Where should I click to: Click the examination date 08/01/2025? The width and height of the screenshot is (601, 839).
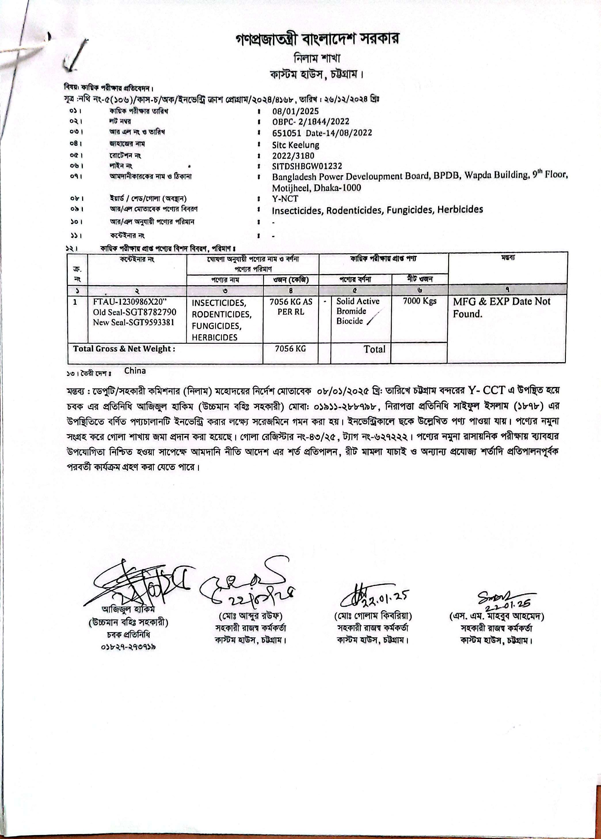click(x=295, y=111)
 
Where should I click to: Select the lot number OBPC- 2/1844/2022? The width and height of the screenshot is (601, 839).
click(x=311, y=122)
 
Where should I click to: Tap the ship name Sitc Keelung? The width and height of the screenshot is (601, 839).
click(x=296, y=145)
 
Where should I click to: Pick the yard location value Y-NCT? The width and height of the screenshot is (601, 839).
click(x=285, y=199)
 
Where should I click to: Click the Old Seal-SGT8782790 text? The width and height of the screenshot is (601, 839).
click(x=134, y=312)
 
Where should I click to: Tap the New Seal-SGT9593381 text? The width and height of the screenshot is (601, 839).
click(x=134, y=322)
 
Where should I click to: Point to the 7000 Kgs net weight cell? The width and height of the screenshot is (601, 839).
click(x=419, y=301)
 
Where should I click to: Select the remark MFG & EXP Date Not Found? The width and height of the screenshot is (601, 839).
click(x=502, y=307)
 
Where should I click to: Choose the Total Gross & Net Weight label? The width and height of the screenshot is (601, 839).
click(x=124, y=349)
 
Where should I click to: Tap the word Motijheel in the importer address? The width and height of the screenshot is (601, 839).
click(x=290, y=188)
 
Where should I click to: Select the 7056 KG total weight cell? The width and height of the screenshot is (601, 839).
click(x=290, y=348)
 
